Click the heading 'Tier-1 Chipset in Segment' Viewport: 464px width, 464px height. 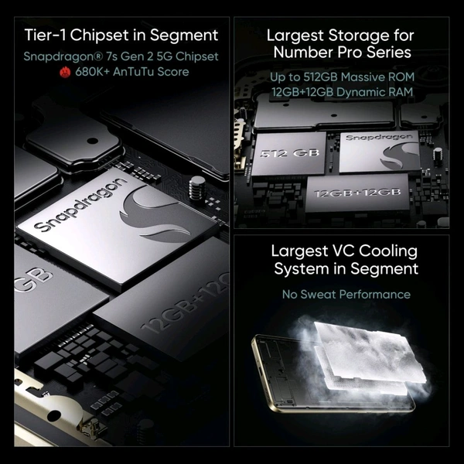click(x=121, y=35)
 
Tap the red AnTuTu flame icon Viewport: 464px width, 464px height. click(x=66, y=72)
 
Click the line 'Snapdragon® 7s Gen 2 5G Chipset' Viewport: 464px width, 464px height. click(x=121, y=56)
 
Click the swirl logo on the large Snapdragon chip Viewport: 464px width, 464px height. click(x=155, y=217)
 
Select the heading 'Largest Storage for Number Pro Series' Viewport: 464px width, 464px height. click(x=340, y=44)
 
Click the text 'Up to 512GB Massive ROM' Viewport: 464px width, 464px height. click(x=340, y=77)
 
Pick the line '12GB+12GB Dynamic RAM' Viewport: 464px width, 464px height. click(x=340, y=93)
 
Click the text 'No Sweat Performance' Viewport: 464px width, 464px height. click(x=346, y=294)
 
